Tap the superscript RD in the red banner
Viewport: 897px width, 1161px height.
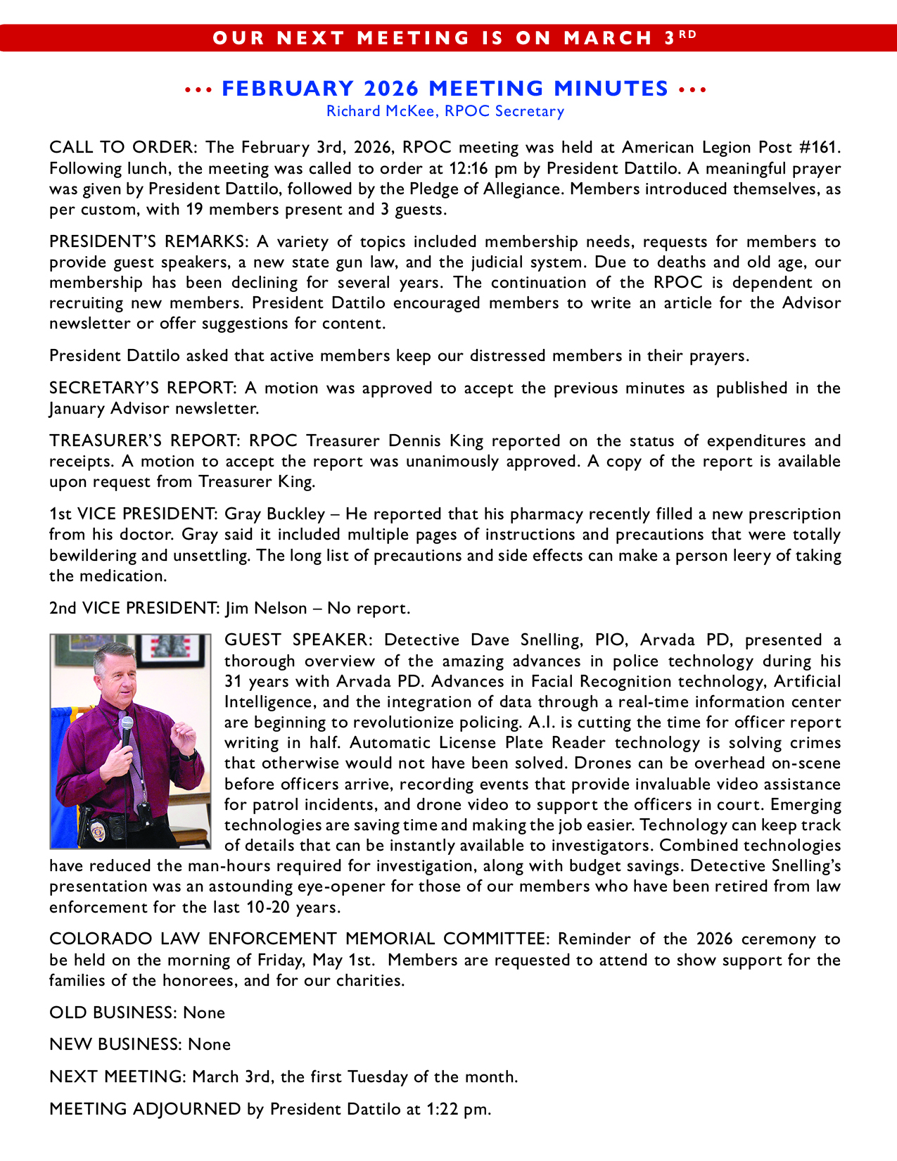point(688,34)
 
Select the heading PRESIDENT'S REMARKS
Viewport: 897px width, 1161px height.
point(148,242)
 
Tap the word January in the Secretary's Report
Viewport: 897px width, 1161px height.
point(78,409)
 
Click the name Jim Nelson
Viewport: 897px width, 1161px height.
point(267,609)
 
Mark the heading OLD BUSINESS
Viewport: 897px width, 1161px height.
point(113,1013)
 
